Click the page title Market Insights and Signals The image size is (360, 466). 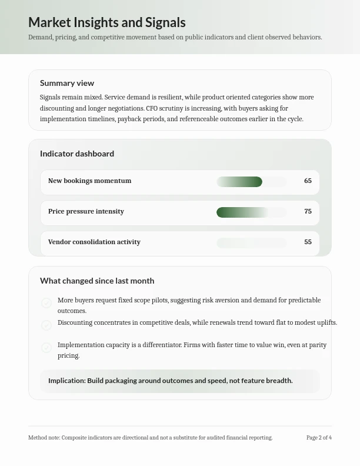106,22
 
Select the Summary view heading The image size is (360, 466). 67,83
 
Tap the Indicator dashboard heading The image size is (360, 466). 77,154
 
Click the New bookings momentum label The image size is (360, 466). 89,181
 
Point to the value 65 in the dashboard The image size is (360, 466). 308,181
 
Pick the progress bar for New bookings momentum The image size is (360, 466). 251,182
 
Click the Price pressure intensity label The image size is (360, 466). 86,211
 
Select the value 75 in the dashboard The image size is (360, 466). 308,211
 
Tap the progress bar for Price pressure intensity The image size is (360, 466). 251,212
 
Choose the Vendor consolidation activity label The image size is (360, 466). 94,242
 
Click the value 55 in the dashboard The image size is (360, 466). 308,242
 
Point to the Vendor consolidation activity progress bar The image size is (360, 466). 251,243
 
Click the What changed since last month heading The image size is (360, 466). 97,281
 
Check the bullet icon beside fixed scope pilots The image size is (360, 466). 46,303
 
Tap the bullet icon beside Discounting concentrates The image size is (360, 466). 46,325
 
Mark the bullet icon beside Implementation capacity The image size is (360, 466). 46,348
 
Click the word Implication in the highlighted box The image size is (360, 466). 66,381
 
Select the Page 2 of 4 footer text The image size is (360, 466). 319,438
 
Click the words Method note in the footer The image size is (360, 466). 44,438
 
